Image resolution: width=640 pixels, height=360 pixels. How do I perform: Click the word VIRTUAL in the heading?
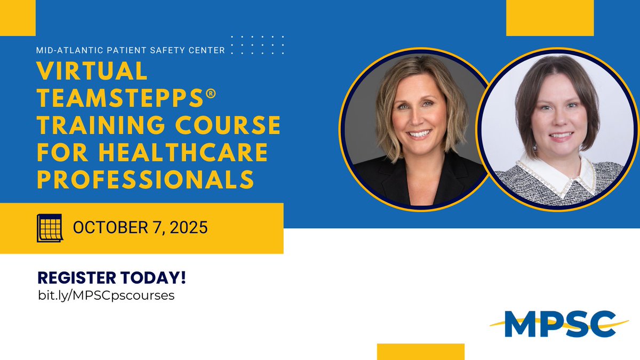[91, 71]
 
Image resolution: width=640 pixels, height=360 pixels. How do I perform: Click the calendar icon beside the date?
[49, 228]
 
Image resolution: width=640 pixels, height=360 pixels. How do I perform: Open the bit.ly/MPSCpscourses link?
[105, 295]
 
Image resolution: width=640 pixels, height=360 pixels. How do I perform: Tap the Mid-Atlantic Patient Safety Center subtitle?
[131, 51]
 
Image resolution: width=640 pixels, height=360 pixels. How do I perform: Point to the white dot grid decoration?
[258, 44]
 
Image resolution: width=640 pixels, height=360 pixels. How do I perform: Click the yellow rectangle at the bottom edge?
[420, 351]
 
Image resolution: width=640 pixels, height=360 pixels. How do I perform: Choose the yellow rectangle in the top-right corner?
[549, 18]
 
